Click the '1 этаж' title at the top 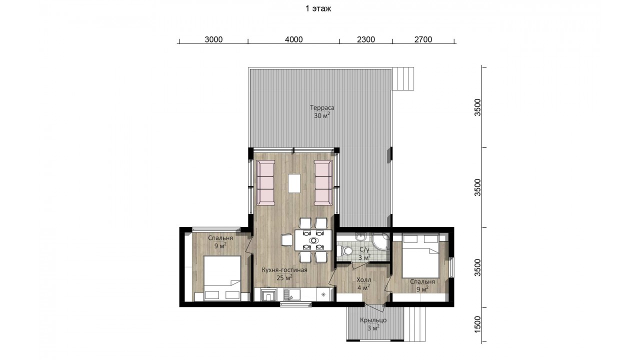click(x=318, y=8)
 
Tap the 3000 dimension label click(x=213, y=39)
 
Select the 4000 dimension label click(x=293, y=39)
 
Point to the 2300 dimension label click(x=365, y=39)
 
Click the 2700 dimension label click(x=423, y=39)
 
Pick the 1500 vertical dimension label click(x=477, y=324)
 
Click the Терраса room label click(x=322, y=108)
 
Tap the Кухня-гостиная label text click(x=284, y=270)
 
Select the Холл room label click(x=363, y=280)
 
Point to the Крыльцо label click(x=373, y=320)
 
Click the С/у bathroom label click(x=364, y=249)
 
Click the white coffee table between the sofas click(x=294, y=183)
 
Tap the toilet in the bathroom click(x=345, y=251)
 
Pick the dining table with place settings click(x=313, y=240)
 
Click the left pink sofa click(x=265, y=183)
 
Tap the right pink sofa click(x=323, y=183)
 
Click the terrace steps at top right click(x=403, y=79)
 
